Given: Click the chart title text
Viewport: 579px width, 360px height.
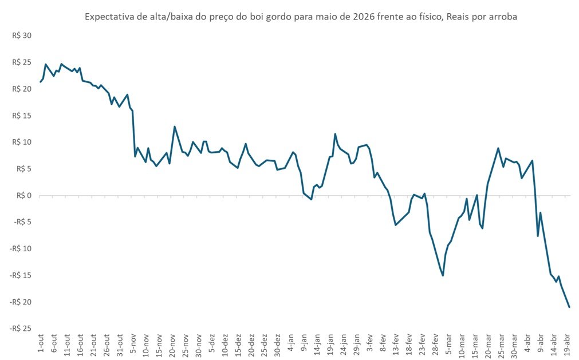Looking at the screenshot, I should coord(301,17).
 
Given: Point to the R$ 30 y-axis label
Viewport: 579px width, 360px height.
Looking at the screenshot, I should coord(21,35).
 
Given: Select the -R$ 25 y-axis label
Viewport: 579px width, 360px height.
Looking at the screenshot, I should coord(21,329).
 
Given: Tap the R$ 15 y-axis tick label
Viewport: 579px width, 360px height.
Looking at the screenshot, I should coord(21,116).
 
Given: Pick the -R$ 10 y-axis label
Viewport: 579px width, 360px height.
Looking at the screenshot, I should coord(21,249).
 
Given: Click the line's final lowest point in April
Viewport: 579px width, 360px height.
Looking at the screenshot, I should coord(569,307).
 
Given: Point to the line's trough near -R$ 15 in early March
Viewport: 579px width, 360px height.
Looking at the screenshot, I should coord(443,275).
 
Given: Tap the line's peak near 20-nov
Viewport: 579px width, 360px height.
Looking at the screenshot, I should coord(175,126).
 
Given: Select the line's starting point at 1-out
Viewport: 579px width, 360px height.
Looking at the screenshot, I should coord(41,82).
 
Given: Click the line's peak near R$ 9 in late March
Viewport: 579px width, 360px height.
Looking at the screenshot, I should coord(498,148).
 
